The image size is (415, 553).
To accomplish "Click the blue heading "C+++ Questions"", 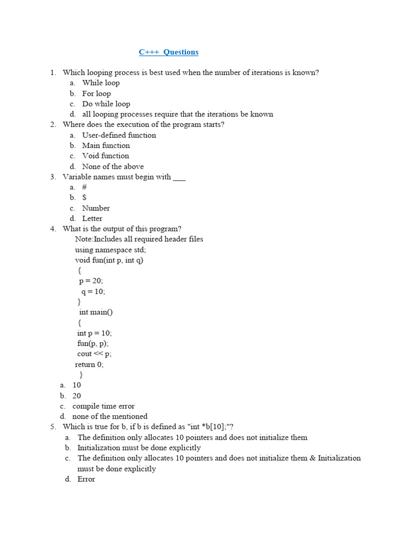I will click(x=169, y=52).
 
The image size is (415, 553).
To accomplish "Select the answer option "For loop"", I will click(x=96, y=93).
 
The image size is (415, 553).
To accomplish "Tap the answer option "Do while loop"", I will click(x=106, y=104).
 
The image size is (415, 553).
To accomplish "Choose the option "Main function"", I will click(x=106, y=145).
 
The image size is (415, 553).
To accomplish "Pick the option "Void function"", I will click(x=105, y=156).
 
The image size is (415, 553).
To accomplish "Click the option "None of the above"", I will click(x=112, y=166).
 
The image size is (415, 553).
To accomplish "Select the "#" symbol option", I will click(x=84, y=187).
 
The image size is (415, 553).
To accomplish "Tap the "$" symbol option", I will click(x=84, y=197).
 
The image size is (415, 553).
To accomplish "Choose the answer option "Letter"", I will click(x=92, y=218).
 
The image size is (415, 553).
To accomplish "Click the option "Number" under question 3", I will click(x=96, y=208).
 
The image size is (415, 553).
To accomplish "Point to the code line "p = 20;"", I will click(x=91, y=281).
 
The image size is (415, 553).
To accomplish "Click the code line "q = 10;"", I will click(x=93, y=291).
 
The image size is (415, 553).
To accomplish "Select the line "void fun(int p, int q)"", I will click(x=109, y=260).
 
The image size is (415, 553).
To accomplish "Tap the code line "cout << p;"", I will click(x=94, y=354).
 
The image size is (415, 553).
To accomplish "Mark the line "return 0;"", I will click(x=89, y=364).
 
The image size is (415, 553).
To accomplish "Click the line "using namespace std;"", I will click(x=110, y=249).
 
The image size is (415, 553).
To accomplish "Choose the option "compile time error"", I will click(x=103, y=406).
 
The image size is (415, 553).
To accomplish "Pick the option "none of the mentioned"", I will click(x=110, y=416).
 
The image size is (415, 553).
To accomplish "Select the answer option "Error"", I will click(x=86, y=479).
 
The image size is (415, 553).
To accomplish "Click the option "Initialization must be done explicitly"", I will click(x=139, y=448).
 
